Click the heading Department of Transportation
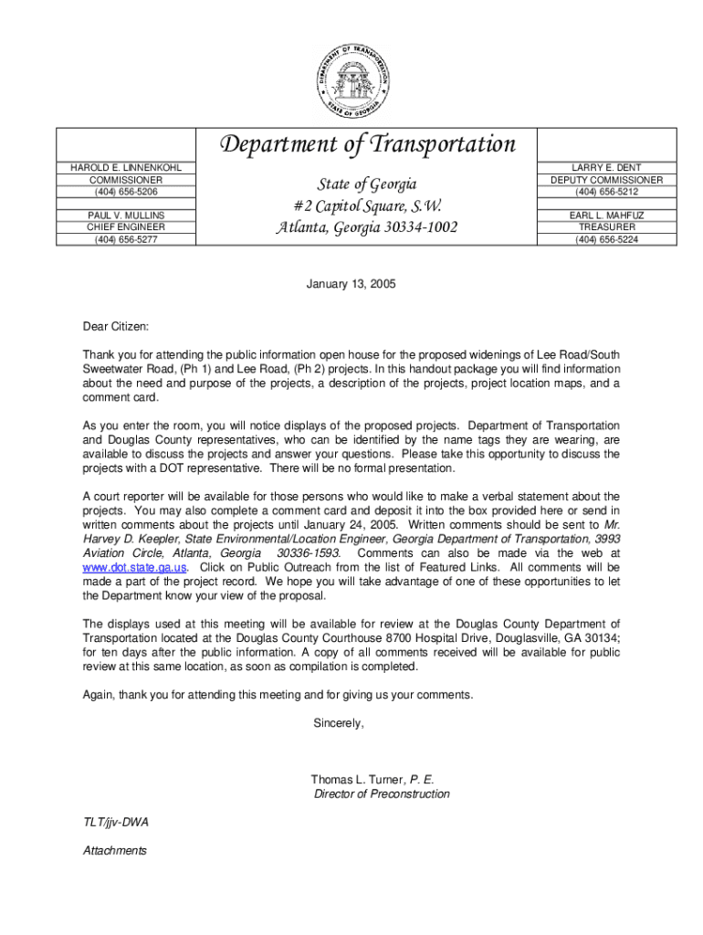pyautogui.click(x=366, y=144)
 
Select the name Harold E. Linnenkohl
pyautogui.click(x=126, y=168)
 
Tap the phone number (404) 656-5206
pyautogui.click(x=126, y=193)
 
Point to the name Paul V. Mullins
pyautogui.click(x=126, y=215)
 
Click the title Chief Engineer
pyautogui.click(x=126, y=227)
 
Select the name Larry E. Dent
pyautogui.click(x=606, y=168)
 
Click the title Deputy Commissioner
pyautogui.click(x=606, y=181)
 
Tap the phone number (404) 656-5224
pyautogui.click(x=606, y=240)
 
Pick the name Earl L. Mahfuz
pyautogui.click(x=606, y=215)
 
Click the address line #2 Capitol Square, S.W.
pyautogui.click(x=366, y=205)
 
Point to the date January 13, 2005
pyautogui.click(x=351, y=284)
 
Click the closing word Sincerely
pyautogui.click(x=339, y=722)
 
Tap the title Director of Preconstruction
pyautogui.click(x=382, y=794)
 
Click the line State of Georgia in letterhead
pyautogui.click(x=366, y=185)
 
